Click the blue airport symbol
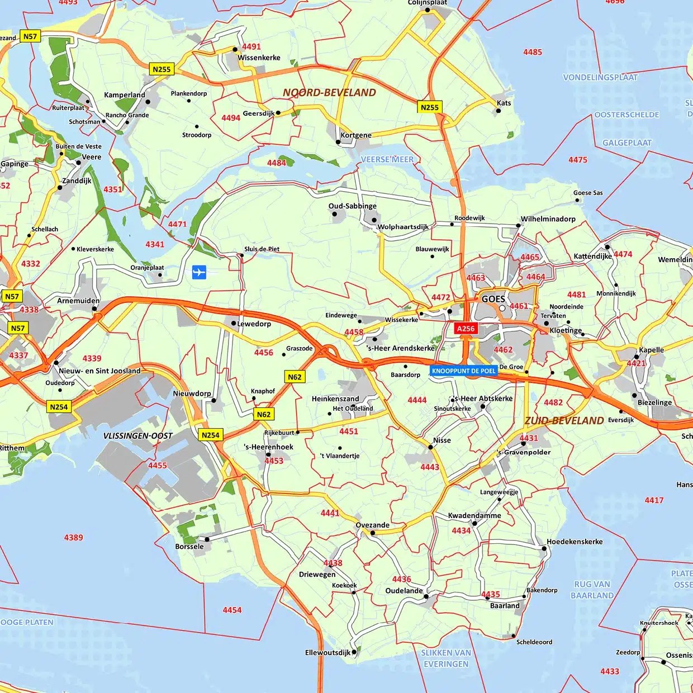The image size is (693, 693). coord(199,272)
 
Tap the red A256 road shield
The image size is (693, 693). coord(466,329)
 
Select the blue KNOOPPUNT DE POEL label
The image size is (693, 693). coord(464,371)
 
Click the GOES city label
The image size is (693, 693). coord(493,299)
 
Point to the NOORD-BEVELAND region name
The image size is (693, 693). coord(329,93)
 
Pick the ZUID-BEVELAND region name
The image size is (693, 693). coord(564,421)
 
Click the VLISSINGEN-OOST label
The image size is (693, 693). coord(138,436)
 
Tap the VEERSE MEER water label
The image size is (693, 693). coord(387,159)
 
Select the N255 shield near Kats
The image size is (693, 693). coord(429,107)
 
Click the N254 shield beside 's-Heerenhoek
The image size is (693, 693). coord(210,435)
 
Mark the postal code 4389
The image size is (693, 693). coord(73,538)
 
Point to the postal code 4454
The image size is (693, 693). coord(232,610)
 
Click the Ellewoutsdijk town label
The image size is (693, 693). coord(327,653)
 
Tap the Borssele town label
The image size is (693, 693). coord(189,547)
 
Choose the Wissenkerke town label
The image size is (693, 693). coord(259,58)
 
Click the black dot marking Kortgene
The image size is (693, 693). coord(338,142)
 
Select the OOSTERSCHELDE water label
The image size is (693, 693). coord(626,115)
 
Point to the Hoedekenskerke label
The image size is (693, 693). coord(575,542)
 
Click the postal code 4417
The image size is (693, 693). coord(654,500)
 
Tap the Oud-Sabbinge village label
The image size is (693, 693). coord(352,206)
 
